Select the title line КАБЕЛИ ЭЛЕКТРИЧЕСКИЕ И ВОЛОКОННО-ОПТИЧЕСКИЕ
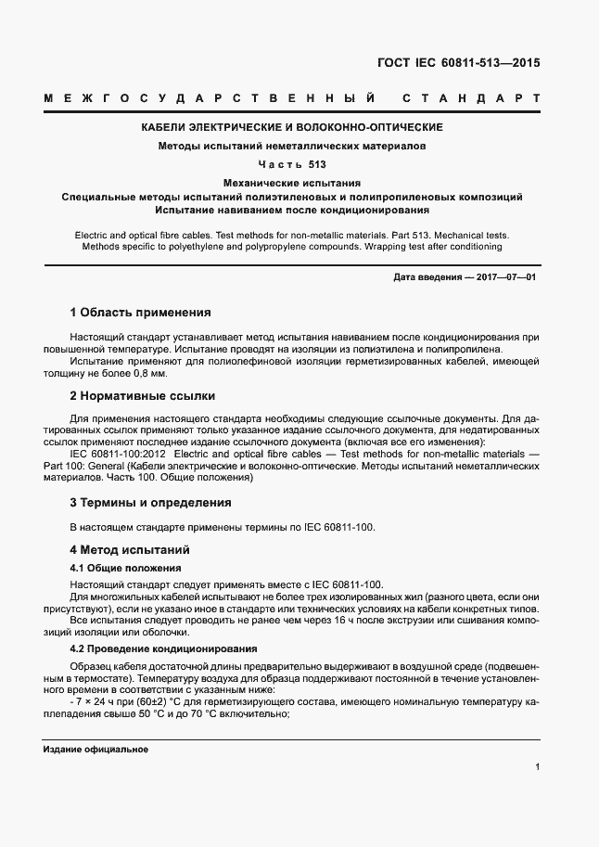click(x=291, y=127)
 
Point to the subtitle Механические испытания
click(x=292, y=184)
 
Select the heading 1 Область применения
click(x=141, y=313)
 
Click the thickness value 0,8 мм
click(x=148, y=373)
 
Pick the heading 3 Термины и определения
click(x=150, y=502)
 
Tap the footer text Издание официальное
click(x=96, y=749)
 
